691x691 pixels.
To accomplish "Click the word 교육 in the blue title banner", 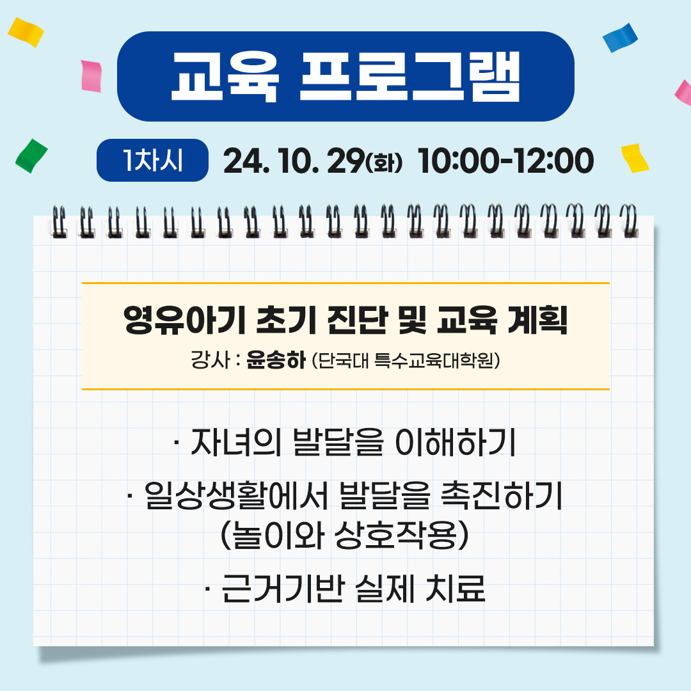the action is click(225, 77).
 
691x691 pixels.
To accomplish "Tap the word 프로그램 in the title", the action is click(410, 77).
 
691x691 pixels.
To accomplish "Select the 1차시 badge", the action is click(152, 160).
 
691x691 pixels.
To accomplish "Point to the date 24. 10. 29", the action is click(294, 161).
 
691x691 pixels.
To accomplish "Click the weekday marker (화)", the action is click(384, 162).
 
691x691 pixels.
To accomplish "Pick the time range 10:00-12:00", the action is click(505, 161).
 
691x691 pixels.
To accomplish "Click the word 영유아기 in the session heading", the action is click(184, 319).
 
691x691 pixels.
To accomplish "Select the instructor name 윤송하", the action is click(276, 360).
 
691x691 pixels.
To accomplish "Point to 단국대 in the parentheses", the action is click(343, 360).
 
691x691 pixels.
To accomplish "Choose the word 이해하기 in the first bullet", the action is click(456, 443).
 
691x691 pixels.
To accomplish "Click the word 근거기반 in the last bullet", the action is click(283, 588).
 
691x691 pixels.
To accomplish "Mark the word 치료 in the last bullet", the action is click(456, 588).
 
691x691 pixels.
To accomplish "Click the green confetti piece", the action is click(31, 156).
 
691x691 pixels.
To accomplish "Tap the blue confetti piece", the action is click(620, 38).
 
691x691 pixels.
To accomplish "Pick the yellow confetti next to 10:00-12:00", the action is click(635, 158).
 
